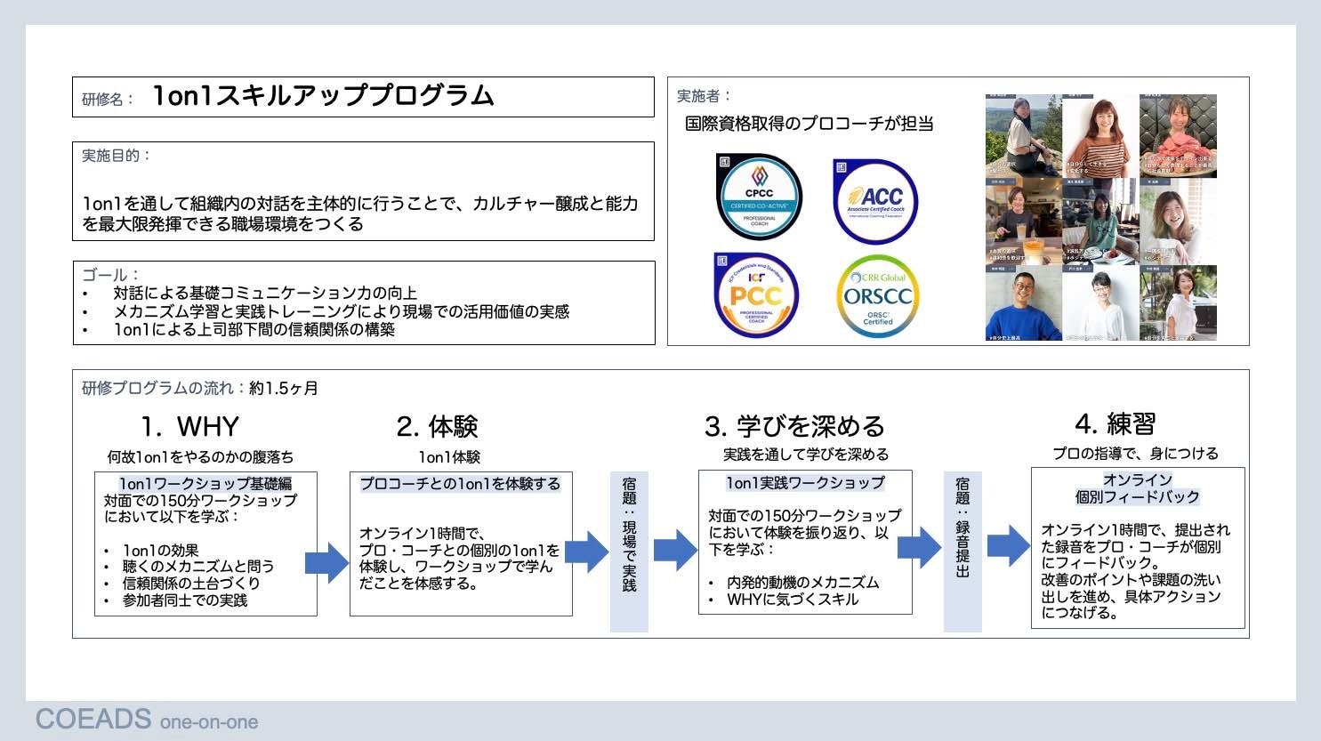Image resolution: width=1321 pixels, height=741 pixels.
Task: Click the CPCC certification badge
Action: tap(759, 197)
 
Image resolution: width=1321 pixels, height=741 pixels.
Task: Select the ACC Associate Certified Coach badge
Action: tap(875, 200)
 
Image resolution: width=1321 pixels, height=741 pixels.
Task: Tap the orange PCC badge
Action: tap(755, 295)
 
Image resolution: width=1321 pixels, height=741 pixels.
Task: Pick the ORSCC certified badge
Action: tap(877, 296)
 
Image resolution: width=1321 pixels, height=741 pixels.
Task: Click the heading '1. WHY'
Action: tap(189, 427)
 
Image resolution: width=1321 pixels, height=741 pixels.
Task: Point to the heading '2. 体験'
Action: tap(437, 427)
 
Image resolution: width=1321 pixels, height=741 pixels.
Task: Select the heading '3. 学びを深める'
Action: tap(794, 427)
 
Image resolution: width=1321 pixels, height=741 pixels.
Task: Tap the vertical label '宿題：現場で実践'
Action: tap(629, 535)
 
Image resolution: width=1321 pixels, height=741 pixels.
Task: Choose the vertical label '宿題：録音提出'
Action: tap(963, 528)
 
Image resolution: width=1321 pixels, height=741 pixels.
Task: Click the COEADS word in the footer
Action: tap(93, 719)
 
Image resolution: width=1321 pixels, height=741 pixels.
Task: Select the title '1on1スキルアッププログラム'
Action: tap(323, 96)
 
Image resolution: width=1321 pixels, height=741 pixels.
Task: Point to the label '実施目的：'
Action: tap(117, 156)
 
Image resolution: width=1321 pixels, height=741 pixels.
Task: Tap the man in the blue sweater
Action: tap(1023, 307)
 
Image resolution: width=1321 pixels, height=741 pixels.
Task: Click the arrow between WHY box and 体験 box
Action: tap(327, 562)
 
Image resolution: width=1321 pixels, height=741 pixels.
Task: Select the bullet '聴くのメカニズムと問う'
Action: tap(198, 567)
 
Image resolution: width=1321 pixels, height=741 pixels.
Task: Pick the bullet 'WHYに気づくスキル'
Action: tap(793, 600)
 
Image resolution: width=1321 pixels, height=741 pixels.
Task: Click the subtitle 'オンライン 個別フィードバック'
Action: tap(1137, 488)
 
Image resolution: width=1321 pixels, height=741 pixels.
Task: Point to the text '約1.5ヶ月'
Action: tap(284, 389)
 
